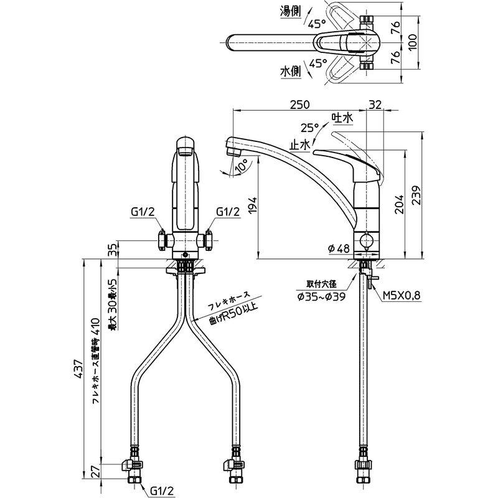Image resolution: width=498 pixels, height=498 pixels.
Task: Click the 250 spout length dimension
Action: click(x=299, y=104)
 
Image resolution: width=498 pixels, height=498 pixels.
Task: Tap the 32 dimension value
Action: click(x=375, y=104)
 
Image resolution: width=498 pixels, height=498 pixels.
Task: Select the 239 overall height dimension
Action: click(x=416, y=195)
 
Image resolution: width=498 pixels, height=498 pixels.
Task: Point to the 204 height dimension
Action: click(x=400, y=205)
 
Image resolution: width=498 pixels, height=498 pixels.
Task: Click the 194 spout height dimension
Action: click(x=251, y=205)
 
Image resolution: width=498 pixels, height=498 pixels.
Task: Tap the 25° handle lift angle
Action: click(x=309, y=128)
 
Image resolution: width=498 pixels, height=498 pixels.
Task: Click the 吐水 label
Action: click(x=342, y=118)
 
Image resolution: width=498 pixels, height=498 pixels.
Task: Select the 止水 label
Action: click(x=299, y=145)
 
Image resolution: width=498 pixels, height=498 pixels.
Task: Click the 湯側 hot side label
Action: click(x=290, y=12)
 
